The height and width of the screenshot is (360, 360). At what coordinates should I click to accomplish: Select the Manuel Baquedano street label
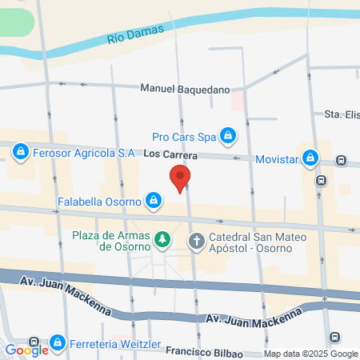(185, 89)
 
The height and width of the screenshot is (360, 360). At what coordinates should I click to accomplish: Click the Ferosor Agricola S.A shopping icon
(21, 150)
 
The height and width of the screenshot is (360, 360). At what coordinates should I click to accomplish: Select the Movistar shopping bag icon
(309, 158)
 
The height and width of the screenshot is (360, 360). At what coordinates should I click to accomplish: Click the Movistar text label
(277, 159)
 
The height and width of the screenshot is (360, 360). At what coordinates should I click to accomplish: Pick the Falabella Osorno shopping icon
(152, 201)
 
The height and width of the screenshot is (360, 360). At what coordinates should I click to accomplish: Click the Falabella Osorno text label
(99, 202)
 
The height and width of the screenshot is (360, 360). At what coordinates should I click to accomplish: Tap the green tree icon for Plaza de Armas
(162, 239)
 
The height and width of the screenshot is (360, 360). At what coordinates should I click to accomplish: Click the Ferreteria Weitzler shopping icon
(57, 343)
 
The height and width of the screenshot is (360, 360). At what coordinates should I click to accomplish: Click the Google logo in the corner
(26, 350)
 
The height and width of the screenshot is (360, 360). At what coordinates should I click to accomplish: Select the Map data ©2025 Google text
(310, 354)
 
